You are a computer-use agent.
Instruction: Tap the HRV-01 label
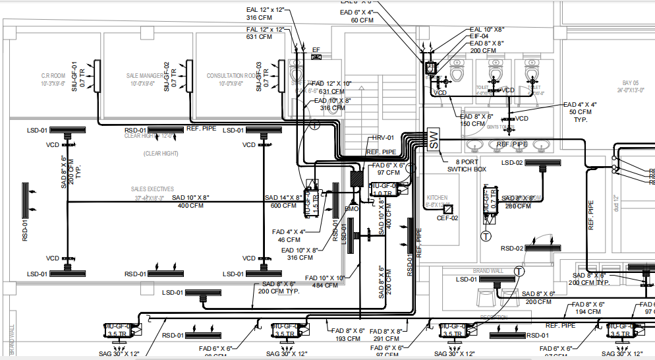point(383,138)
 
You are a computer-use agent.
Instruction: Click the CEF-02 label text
point(447,218)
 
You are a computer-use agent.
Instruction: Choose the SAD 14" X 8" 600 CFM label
point(283,201)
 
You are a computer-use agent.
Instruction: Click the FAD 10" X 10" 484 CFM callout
point(325,282)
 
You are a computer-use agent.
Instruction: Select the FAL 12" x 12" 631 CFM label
point(266,33)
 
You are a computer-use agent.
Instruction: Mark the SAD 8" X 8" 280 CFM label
point(517,202)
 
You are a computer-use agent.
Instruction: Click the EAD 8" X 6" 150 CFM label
point(476,119)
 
